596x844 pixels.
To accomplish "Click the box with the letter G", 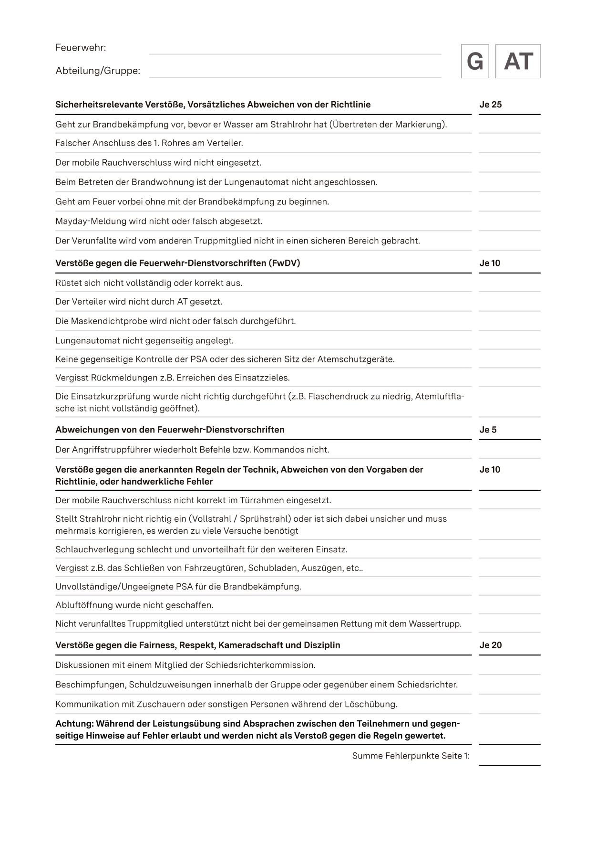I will tap(475, 61).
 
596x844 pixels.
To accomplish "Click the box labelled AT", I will tap(518, 61).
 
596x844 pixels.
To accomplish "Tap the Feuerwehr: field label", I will tap(81, 48).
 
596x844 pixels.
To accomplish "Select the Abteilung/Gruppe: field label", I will tap(98, 71).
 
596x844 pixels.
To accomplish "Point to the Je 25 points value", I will tap(491, 105).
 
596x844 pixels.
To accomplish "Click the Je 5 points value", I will tap(488, 430).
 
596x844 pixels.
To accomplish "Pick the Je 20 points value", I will tap(491, 645).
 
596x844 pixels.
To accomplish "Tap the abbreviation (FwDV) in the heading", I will tap(284, 263).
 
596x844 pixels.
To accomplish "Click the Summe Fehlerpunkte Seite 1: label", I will tap(411, 756).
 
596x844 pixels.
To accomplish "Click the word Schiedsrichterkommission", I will tap(260, 665).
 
